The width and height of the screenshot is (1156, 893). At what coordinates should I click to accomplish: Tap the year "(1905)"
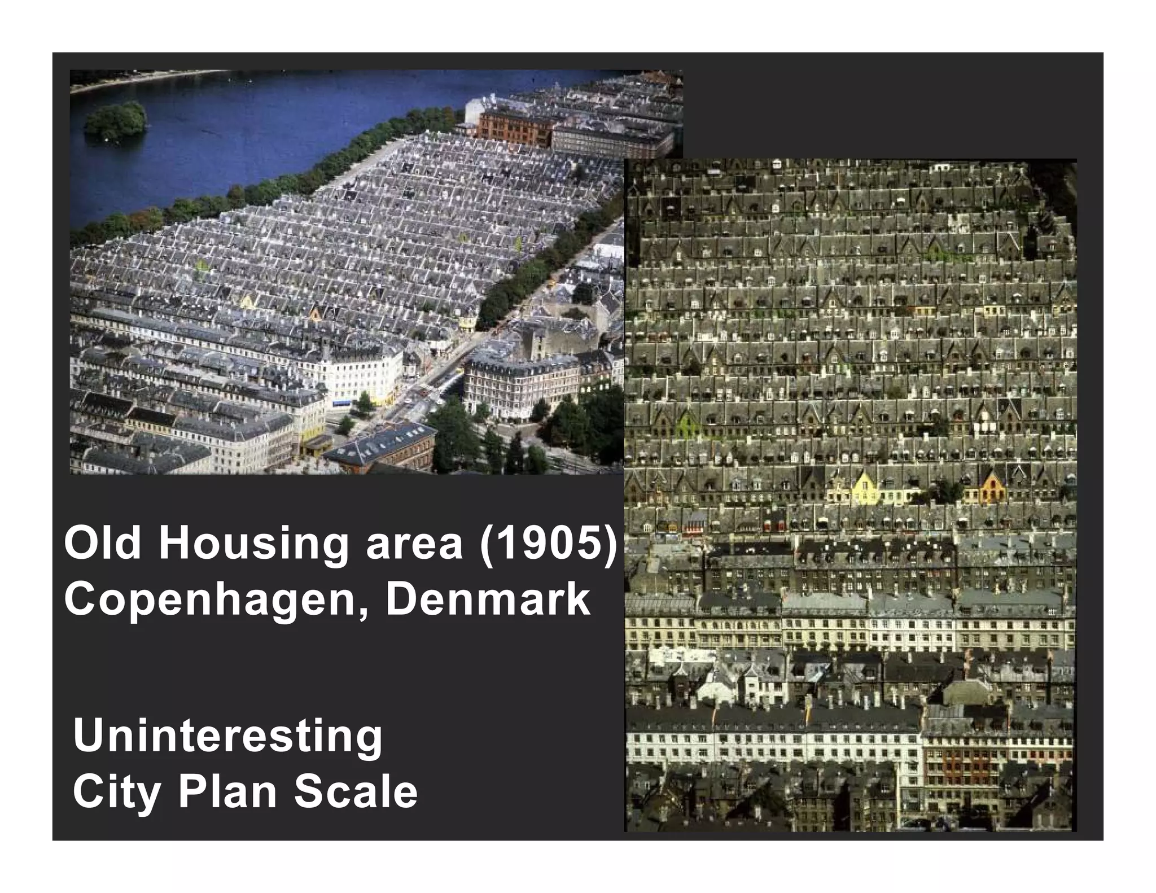coord(547,544)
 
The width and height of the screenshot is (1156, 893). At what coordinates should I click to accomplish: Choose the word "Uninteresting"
coord(227,737)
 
